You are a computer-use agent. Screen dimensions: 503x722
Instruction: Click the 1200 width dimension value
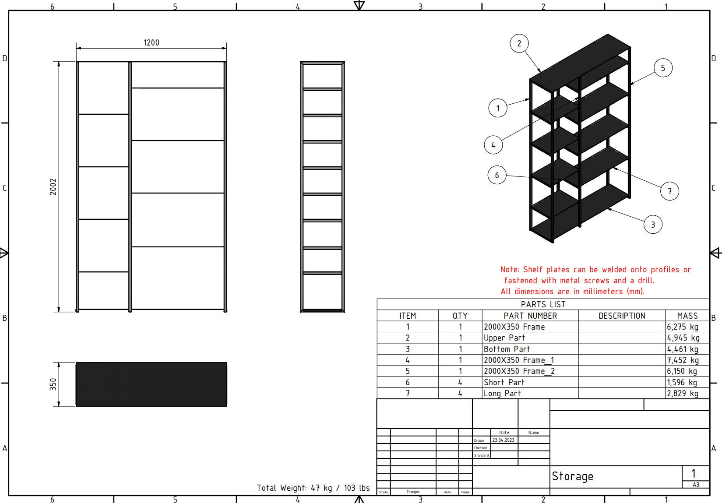click(x=151, y=42)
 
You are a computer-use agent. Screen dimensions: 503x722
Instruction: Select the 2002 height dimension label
click(x=53, y=186)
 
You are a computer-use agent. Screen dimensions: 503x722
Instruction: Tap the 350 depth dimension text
click(x=53, y=384)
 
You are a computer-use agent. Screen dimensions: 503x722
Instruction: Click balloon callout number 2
click(x=519, y=43)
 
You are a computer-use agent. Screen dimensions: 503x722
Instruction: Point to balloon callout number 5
click(x=663, y=68)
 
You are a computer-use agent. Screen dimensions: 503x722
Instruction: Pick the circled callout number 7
click(x=669, y=191)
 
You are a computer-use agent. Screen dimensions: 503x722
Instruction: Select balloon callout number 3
click(x=653, y=225)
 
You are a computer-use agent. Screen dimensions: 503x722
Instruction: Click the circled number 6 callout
click(x=497, y=175)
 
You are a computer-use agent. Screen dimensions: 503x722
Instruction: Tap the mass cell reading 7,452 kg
click(x=683, y=360)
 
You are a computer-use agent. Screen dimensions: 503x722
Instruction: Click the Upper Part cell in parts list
click(x=504, y=338)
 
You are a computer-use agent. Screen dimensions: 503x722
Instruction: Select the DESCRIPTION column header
click(x=622, y=316)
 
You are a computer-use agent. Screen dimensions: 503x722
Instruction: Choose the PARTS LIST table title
click(x=543, y=304)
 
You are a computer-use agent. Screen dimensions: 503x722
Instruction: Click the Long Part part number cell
click(x=502, y=393)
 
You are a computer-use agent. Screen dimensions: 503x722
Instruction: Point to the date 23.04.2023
click(x=504, y=440)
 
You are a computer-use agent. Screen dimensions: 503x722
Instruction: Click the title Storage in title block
click(x=573, y=476)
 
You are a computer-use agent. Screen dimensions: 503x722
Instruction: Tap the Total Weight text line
click(x=313, y=488)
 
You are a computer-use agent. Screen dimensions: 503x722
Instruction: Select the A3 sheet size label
click(x=696, y=485)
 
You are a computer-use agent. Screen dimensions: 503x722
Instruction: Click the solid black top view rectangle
click(x=151, y=384)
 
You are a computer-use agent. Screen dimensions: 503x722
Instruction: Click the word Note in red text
click(x=510, y=270)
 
